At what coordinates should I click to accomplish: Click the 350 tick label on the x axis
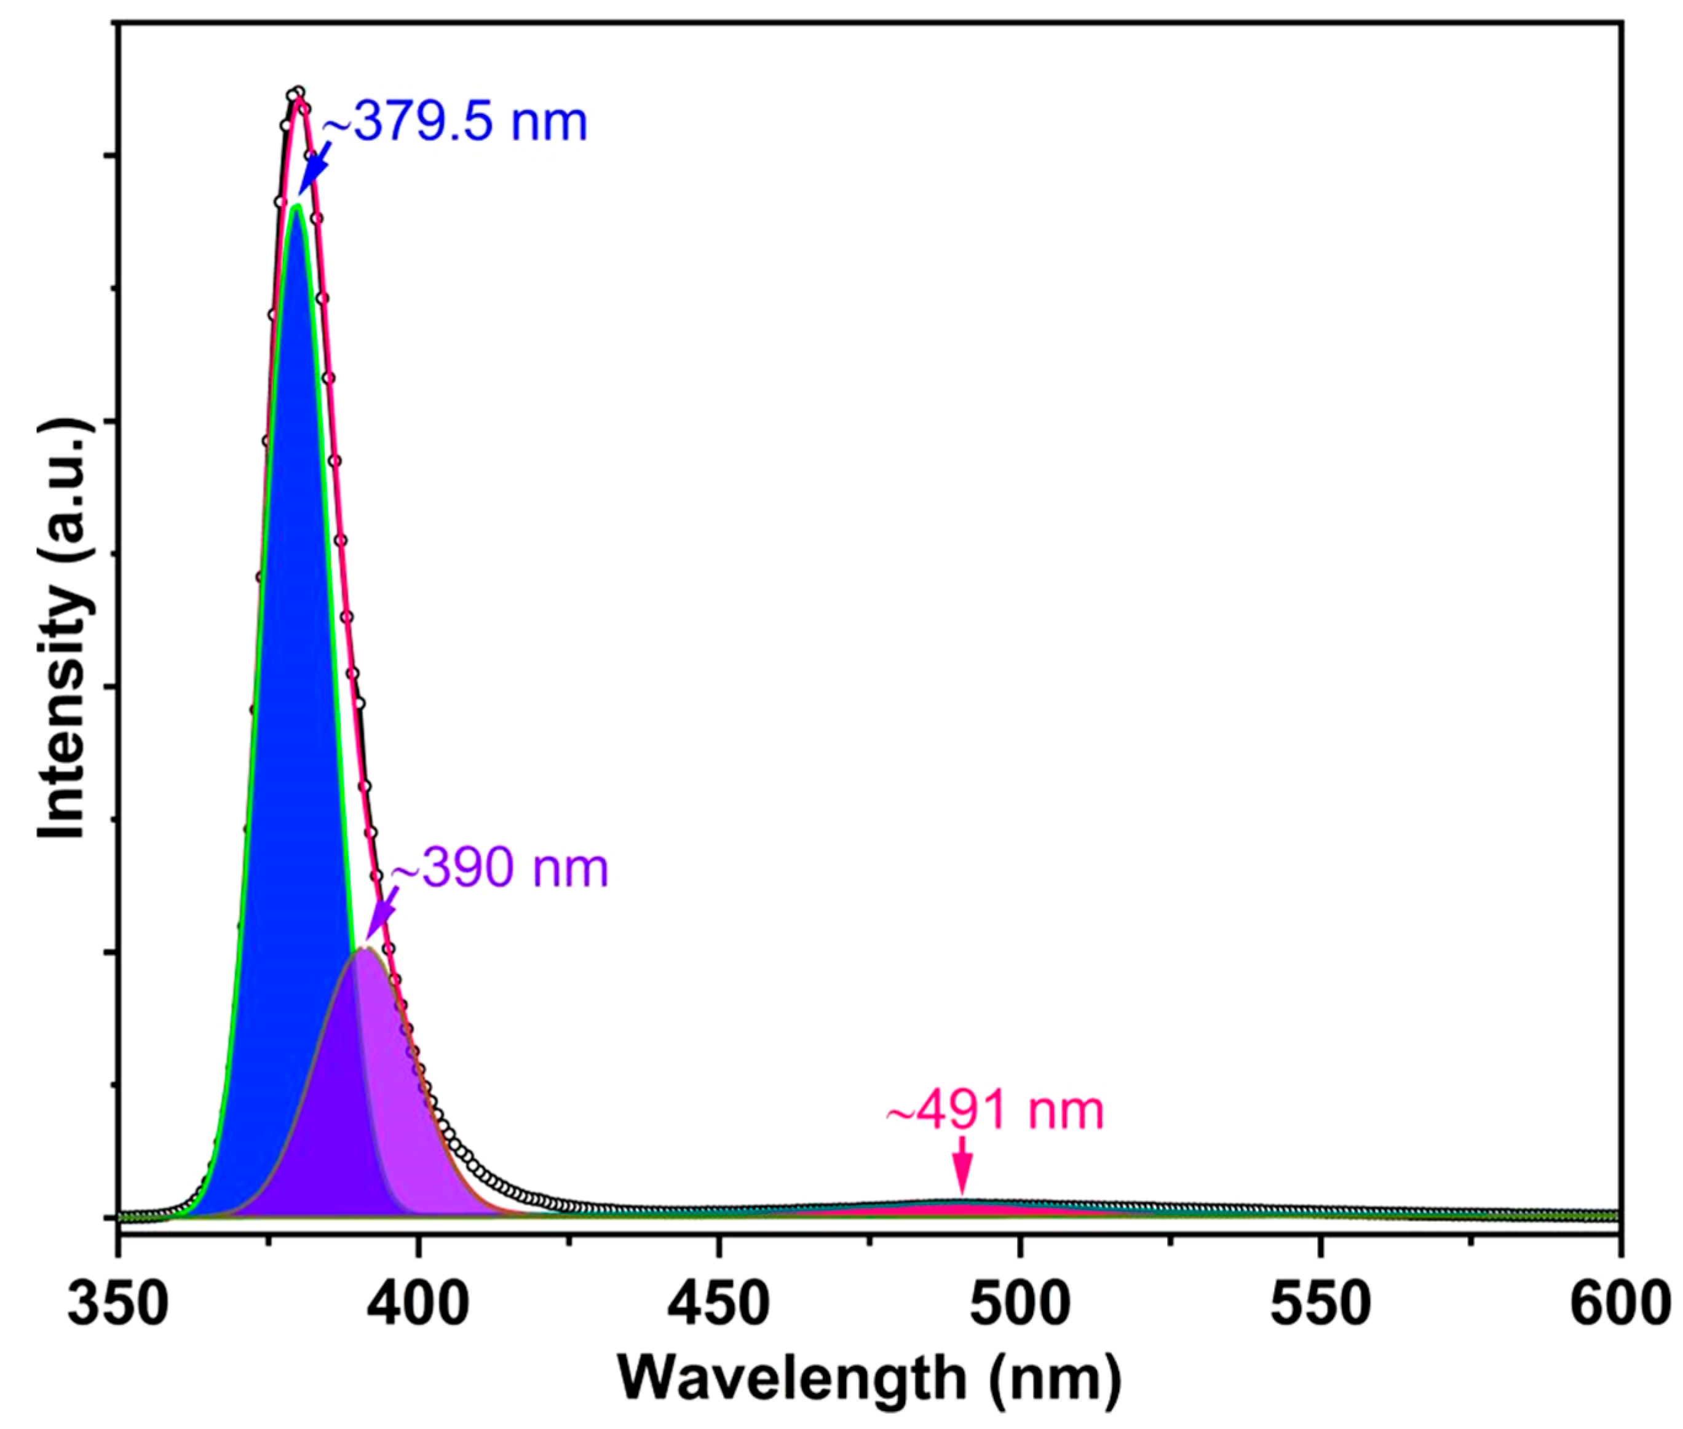(x=118, y=1304)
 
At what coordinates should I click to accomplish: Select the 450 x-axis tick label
(x=718, y=1304)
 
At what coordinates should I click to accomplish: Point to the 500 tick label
(x=1019, y=1304)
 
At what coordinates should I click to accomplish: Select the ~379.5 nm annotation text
(x=454, y=123)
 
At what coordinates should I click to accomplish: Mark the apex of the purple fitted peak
(x=366, y=949)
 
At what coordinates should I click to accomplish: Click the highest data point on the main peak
(x=298, y=92)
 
